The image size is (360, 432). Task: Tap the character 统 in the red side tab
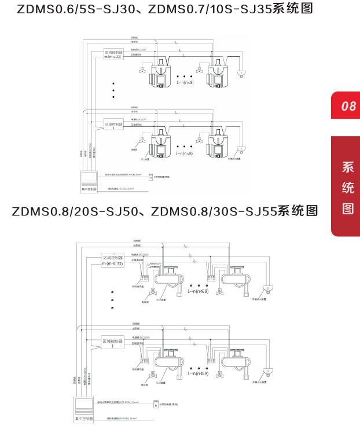pyautogui.click(x=348, y=188)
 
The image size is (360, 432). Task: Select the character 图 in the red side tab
pyautogui.click(x=348, y=208)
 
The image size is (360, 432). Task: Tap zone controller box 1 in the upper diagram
pyautogui.click(x=113, y=125)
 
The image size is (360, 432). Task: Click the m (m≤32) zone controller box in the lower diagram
pyautogui.click(x=112, y=261)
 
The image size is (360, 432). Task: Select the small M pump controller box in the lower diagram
pyautogui.click(x=155, y=405)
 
